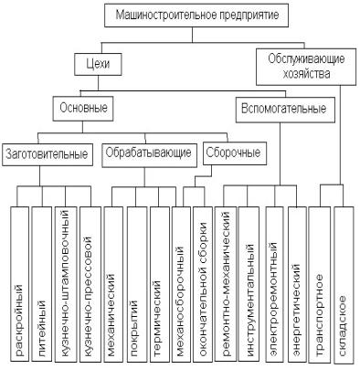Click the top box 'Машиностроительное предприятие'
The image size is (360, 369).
[196, 16]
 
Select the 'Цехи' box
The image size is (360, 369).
[98, 65]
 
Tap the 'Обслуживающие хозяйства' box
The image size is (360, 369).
[306, 67]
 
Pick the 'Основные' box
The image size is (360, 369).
[83, 109]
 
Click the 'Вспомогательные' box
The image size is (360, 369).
[285, 110]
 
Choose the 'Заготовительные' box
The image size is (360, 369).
[48, 154]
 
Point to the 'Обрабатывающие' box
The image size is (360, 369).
[149, 155]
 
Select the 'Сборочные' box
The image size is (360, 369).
[235, 153]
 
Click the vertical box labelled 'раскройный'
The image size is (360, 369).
[19, 284]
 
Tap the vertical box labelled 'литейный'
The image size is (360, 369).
[42, 284]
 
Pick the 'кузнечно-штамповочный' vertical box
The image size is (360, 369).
[66, 284]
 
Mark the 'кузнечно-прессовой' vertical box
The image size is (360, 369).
[90, 284]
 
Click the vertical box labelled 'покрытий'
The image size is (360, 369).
[136, 284]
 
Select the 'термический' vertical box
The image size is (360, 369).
[159, 284]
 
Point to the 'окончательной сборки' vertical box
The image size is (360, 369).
[203, 284]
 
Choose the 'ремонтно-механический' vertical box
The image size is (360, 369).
[225, 284]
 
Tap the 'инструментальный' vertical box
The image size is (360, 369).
[249, 284]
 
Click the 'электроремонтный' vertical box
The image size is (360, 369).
[275, 284]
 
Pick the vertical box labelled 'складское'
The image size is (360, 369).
[344, 285]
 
